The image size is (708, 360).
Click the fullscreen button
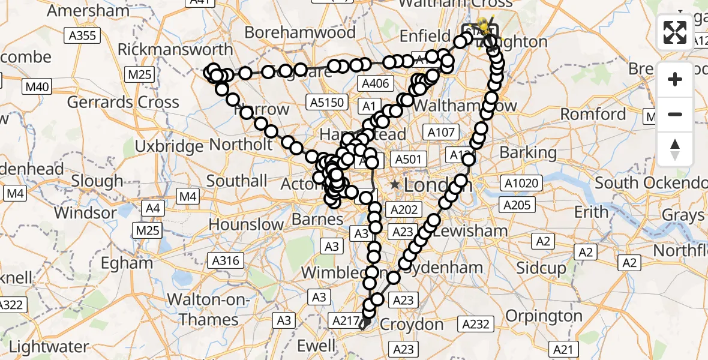(675, 32)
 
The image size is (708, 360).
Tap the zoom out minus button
(675, 114)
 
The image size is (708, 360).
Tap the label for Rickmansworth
(175, 49)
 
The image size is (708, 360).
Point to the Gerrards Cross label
(123, 102)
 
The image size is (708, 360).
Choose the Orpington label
(544, 316)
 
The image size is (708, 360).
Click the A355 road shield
(82, 36)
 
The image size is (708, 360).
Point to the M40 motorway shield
(37, 87)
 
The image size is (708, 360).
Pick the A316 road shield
(226, 260)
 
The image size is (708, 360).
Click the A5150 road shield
(328, 102)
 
